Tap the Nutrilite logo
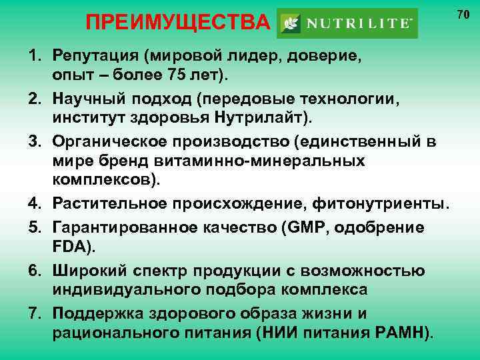coord(347,23)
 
